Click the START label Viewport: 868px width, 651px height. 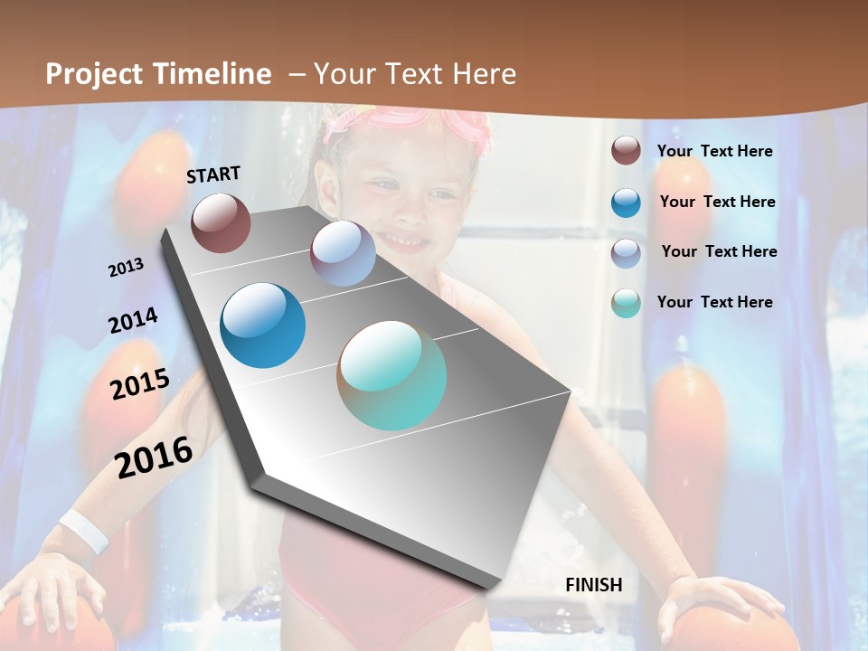click(x=213, y=175)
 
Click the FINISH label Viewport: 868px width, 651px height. click(x=593, y=585)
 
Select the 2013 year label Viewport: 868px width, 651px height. click(x=126, y=268)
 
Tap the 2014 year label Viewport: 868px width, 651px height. click(x=133, y=321)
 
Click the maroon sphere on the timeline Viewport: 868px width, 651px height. click(x=221, y=222)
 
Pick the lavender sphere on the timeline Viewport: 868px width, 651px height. click(x=343, y=253)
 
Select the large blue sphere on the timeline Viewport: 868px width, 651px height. click(x=263, y=325)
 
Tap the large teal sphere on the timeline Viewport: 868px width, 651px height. click(x=392, y=375)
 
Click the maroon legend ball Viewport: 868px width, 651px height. click(x=626, y=151)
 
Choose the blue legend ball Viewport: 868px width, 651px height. click(x=626, y=203)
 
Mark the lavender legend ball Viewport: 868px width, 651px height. click(x=626, y=253)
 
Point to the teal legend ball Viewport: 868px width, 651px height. click(x=626, y=303)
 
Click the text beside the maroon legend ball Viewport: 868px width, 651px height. click(x=714, y=151)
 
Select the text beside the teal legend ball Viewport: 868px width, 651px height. click(x=714, y=302)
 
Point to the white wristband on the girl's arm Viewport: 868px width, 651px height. click(x=83, y=532)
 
